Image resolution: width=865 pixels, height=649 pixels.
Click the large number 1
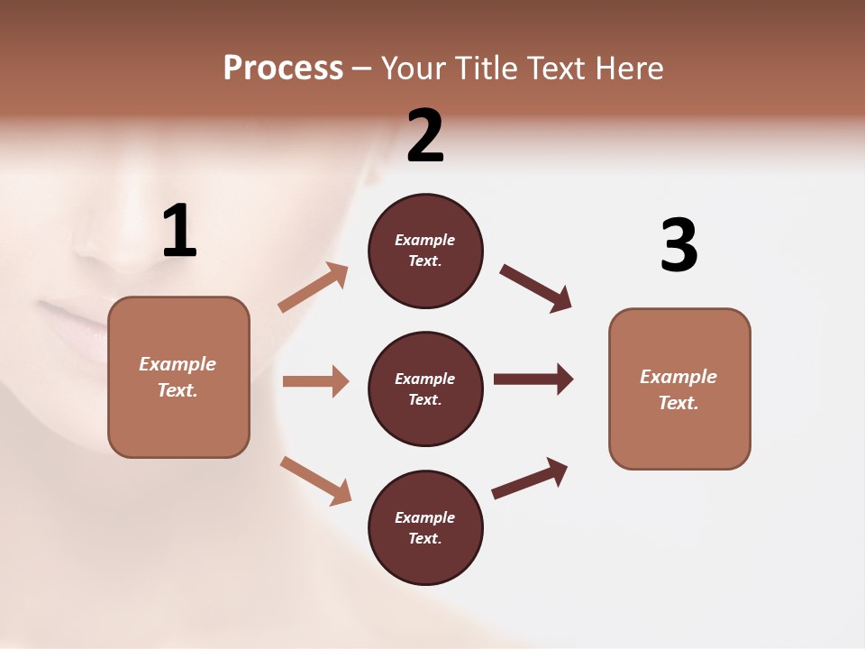179,232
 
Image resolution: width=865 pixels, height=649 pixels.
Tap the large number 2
425,136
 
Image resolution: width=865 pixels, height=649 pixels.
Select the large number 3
679,245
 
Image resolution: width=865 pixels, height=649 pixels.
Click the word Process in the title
283,68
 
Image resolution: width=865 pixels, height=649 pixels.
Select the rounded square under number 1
178,377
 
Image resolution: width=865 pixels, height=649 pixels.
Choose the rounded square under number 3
679,388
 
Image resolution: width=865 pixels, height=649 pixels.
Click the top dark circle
425,251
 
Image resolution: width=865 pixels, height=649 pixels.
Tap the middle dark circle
425,388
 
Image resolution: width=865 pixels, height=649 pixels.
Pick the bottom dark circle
425,527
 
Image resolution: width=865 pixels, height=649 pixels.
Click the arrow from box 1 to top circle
313,288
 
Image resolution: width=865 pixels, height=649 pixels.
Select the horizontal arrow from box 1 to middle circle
315,381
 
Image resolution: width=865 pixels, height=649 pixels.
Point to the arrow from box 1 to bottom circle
315,480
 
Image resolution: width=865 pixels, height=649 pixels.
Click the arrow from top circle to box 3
535,288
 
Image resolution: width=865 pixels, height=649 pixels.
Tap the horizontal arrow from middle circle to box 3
533,379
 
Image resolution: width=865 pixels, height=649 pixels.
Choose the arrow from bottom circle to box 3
530,478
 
